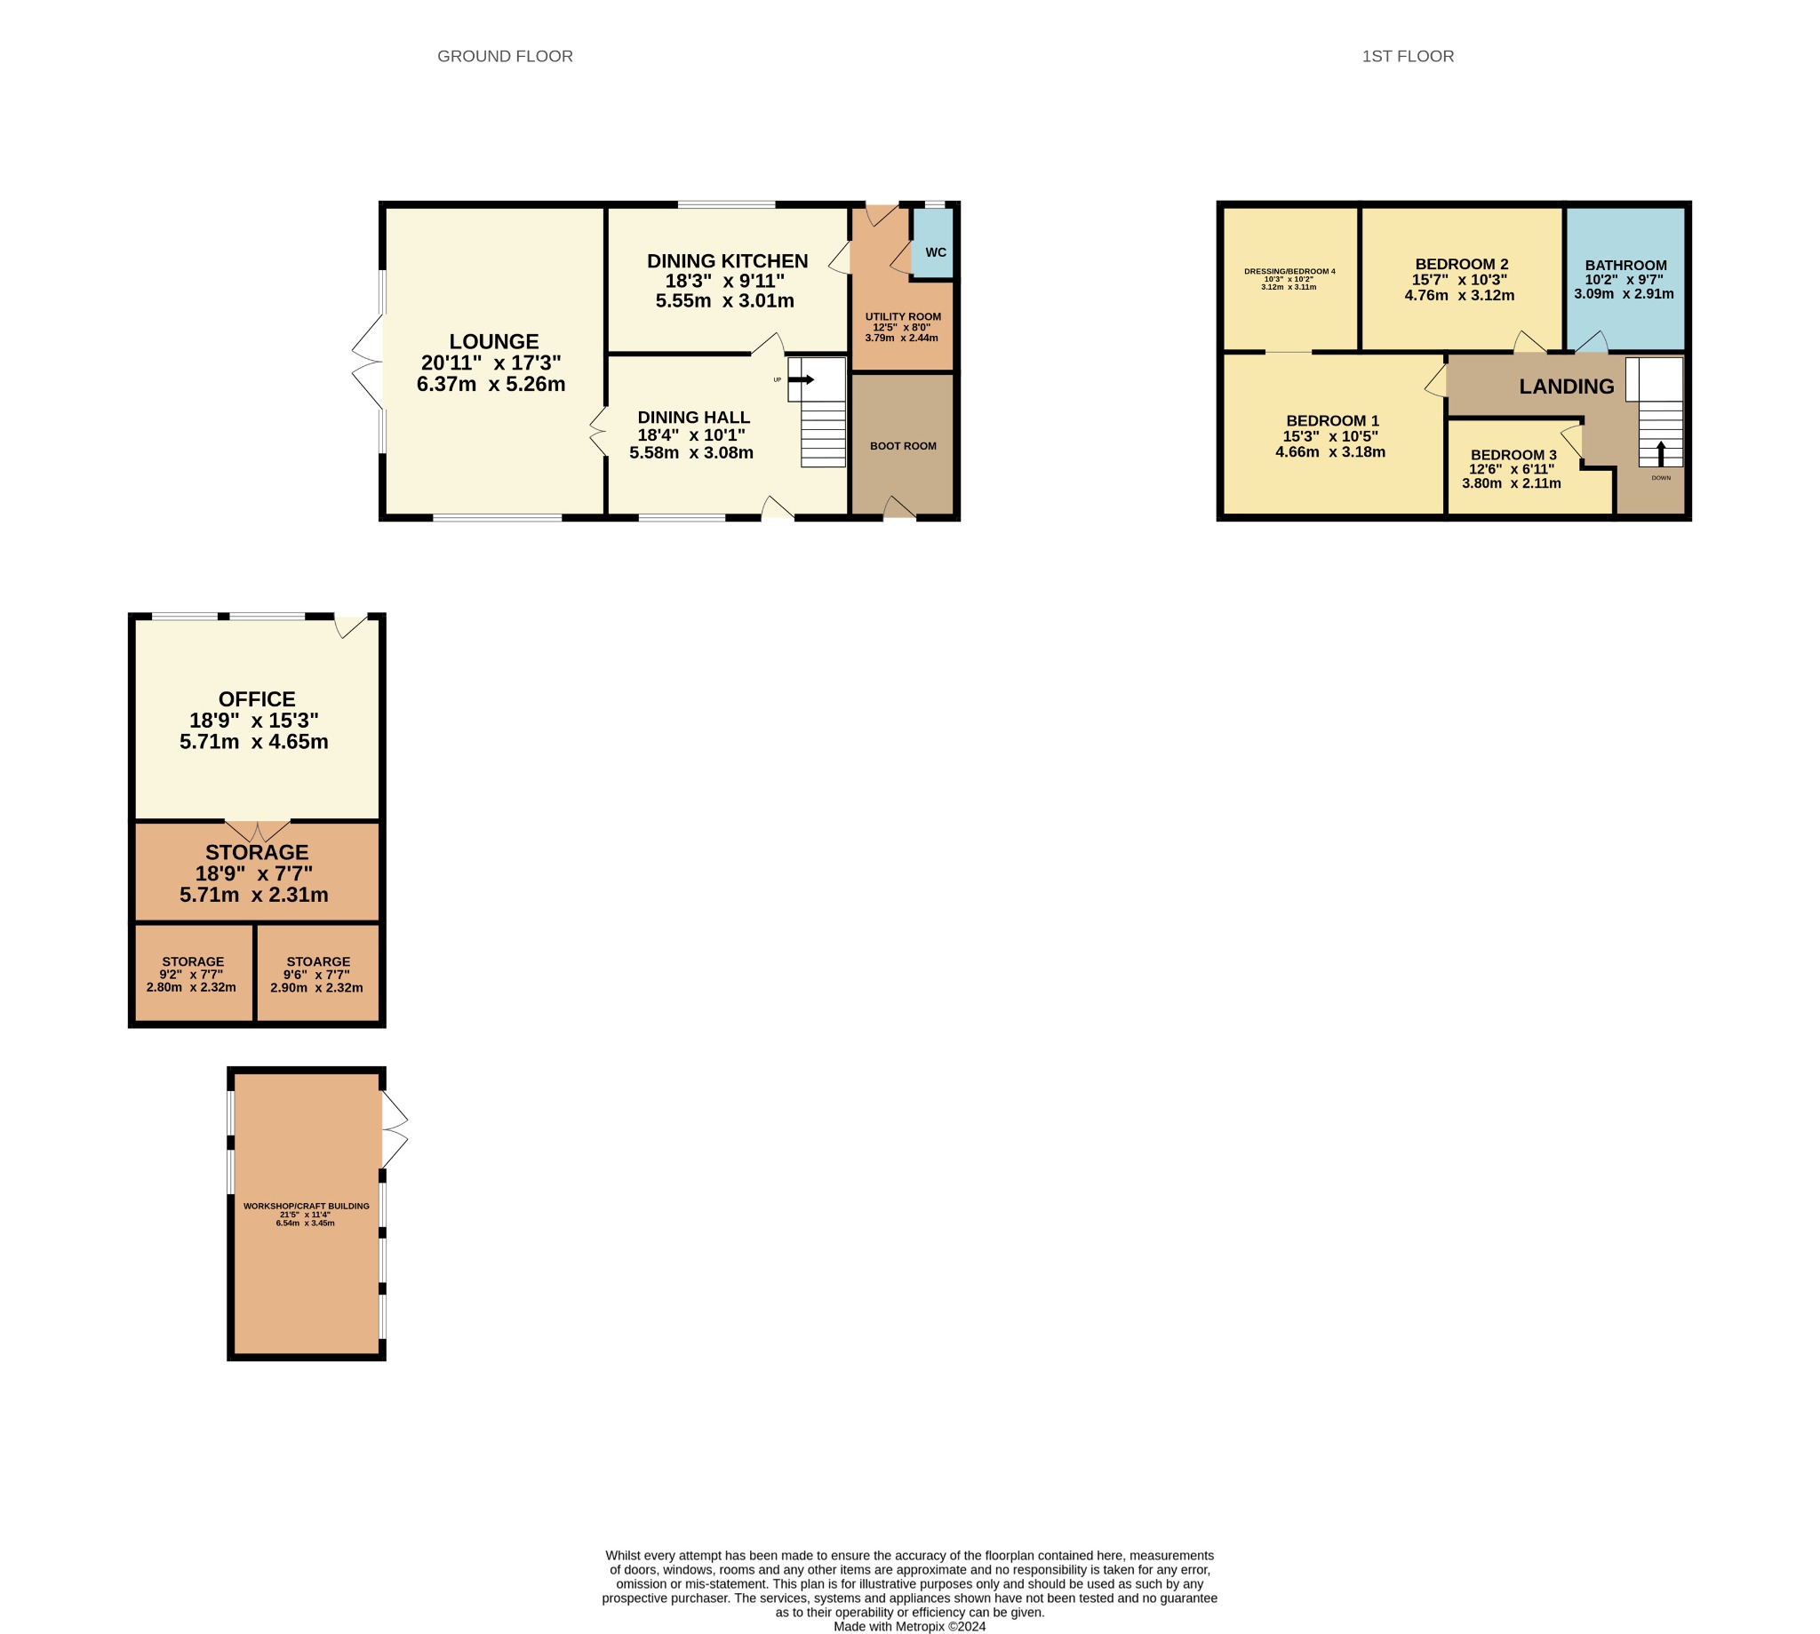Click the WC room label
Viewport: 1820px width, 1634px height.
[936, 252]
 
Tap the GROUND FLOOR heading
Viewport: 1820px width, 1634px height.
[505, 57]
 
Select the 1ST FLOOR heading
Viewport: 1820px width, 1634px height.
[1408, 57]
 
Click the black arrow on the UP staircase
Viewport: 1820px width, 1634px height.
[801, 379]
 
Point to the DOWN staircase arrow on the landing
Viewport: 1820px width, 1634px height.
[1660, 453]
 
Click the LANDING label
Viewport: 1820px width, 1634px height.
[1567, 387]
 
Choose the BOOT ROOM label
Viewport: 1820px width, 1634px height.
[903, 446]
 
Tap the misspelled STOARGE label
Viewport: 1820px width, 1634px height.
[319, 961]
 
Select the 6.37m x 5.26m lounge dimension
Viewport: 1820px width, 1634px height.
[491, 384]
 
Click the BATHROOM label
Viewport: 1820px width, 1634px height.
[1626, 265]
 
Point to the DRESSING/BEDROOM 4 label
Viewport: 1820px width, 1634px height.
[1289, 271]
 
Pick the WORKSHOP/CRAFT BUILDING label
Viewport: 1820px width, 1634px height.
[307, 1206]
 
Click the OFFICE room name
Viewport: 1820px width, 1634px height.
[257, 699]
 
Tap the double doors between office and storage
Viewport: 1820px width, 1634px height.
[258, 831]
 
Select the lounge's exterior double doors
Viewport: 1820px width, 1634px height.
[367, 362]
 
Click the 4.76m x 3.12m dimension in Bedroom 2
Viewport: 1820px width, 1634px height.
[1460, 295]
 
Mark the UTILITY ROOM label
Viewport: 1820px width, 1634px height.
[903, 317]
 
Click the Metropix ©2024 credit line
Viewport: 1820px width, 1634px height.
[909, 1626]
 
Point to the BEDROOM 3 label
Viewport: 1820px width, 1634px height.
[1513, 455]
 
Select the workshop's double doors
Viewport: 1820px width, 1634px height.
[395, 1129]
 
